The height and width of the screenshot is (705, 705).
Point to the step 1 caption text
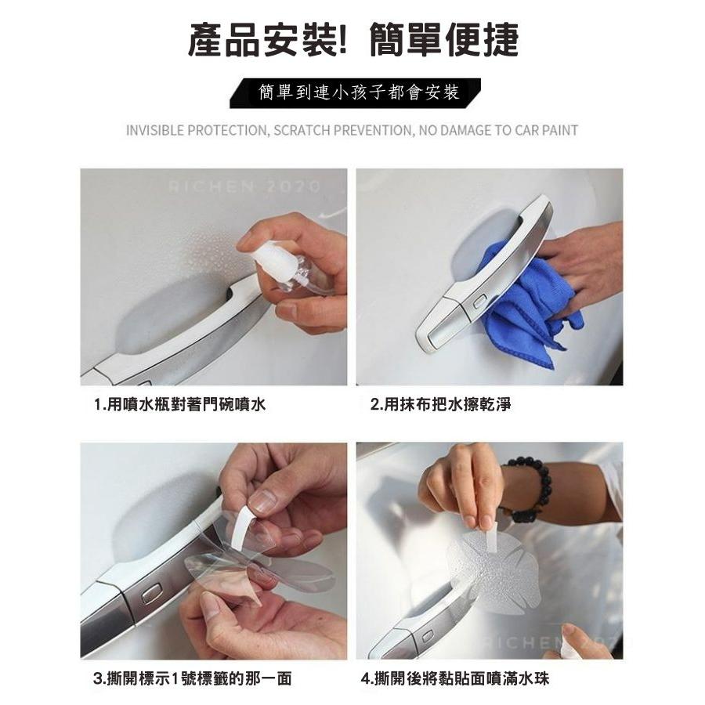(180, 404)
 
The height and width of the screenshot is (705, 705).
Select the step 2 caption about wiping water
(440, 404)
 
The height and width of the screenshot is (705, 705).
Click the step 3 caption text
(193, 678)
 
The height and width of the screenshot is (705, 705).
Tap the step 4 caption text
(455, 678)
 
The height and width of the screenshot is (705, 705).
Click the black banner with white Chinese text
(355, 93)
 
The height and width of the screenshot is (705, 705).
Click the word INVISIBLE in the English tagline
(155, 130)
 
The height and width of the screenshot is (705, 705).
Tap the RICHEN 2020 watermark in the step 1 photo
(245, 186)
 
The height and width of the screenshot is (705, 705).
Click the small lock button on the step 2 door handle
(481, 302)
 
